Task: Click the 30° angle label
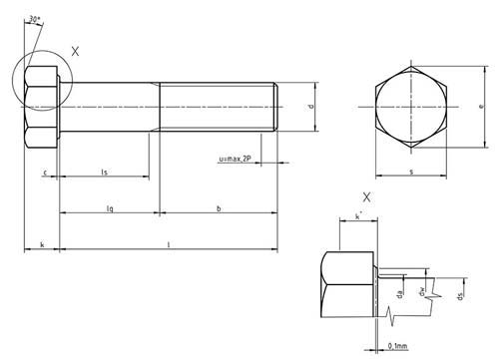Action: click(35, 19)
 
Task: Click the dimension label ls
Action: click(105, 173)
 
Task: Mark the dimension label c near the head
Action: click(46, 173)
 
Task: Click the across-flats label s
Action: click(412, 173)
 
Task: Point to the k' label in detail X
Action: click(357, 214)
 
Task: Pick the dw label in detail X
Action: click(424, 292)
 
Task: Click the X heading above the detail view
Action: click(365, 197)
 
